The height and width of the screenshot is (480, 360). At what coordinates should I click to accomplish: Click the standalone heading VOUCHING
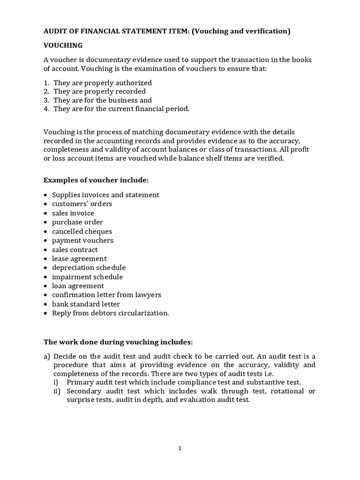63,45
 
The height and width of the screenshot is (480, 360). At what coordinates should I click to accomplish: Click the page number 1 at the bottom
180,448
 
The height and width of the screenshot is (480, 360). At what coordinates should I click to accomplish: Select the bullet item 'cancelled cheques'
82,231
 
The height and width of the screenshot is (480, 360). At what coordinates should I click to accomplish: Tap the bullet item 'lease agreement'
79,259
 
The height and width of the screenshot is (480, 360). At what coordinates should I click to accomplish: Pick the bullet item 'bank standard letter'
86,304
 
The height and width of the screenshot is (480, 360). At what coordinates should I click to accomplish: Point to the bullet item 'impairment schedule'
87,277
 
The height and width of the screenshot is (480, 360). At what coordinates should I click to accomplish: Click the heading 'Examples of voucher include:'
96,180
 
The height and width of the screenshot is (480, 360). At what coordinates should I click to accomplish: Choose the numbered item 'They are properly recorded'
99,91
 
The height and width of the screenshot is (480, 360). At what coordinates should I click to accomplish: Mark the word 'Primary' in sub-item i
80,382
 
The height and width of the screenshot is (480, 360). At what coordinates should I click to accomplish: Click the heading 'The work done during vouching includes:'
118,341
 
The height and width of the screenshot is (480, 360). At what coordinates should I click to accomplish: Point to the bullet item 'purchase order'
77,222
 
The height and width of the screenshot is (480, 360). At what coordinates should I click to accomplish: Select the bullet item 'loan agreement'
78,286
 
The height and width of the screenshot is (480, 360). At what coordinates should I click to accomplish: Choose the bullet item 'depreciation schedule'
89,268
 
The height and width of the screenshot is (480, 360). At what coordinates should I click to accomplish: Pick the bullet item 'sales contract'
75,249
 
